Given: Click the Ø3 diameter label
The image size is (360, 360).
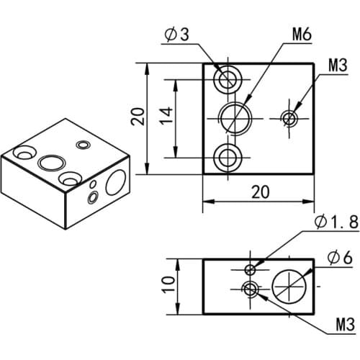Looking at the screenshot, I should (x=179, y=35).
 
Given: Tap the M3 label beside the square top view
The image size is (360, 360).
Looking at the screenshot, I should (x=338, y=66).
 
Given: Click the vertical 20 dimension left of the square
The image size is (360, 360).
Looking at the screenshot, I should (x=138, y=117).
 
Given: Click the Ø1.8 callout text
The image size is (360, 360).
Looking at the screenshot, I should (x=336, y=223).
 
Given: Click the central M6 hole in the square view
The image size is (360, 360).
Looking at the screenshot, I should (x=233, y=117).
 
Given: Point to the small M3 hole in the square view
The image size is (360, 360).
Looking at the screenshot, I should (x=290, y=117).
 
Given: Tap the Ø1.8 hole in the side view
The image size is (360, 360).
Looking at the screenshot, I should (x=250, y=270).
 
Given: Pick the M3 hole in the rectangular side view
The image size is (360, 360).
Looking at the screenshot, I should (x=250, y=290).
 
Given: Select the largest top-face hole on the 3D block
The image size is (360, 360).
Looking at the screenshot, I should (x=50, y=161).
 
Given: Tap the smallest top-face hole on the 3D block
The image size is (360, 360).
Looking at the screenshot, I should (x=83, y=145).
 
